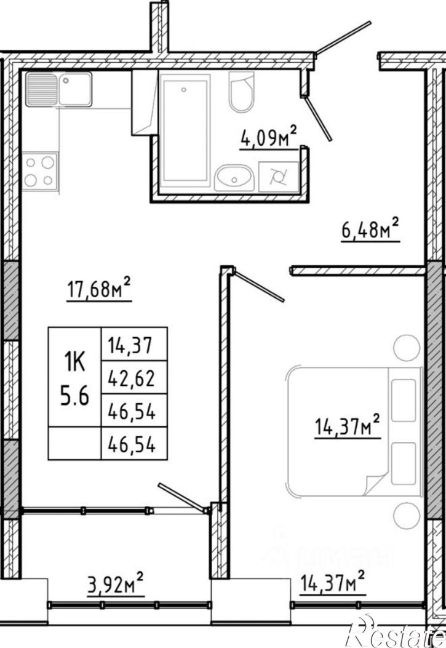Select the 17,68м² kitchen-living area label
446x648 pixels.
click(x=99, y=289)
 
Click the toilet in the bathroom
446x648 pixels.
click(x=241, y=92)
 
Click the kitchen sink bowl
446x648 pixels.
click(x=75, y=89)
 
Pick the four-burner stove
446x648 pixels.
click(x=40, y=172)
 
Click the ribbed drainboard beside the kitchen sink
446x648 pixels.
click(x=41, y=89)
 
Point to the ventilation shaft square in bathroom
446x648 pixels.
click(x=278, y=177)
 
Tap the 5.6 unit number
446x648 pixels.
click(x=74, y=397)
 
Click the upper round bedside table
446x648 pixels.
click(x=407, y=347)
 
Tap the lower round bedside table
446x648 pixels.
click(x=407, y=515)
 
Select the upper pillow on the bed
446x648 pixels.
click(x=404, y=401)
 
